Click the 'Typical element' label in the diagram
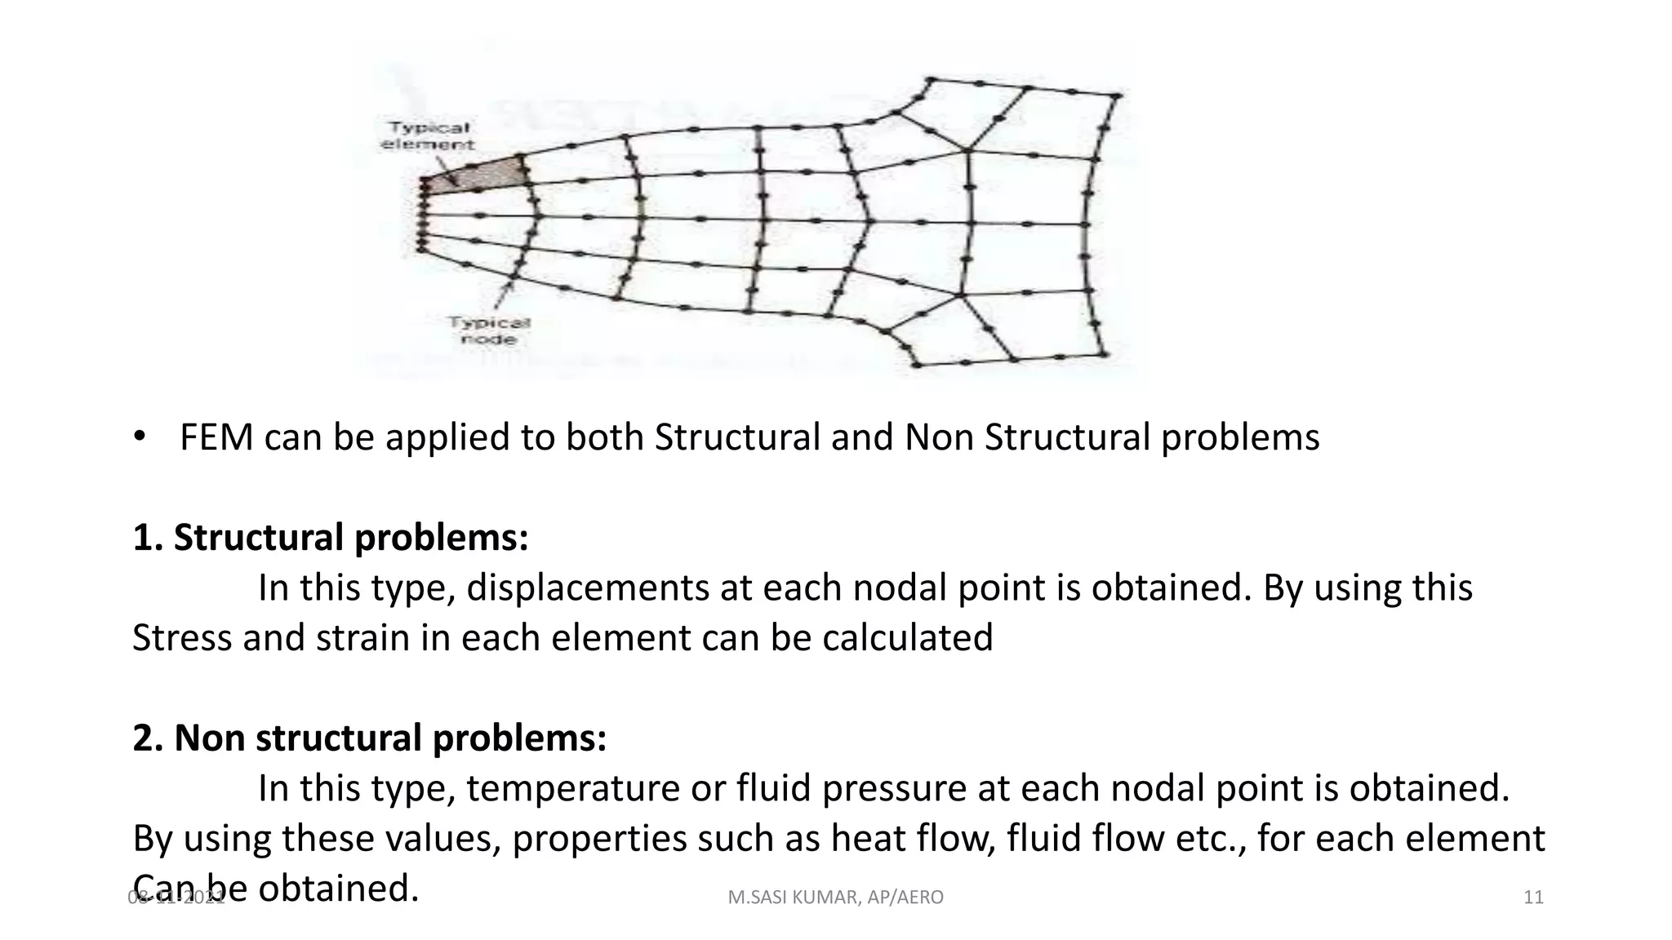tap(427, 135)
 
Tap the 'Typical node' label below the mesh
tap(489, 330)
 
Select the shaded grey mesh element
tap(482, 176)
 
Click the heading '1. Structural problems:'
tap(331, 538)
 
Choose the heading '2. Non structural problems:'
tap(370, 738)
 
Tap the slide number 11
tap(1533, 898)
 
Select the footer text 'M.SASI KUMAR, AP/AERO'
tap(835, 898)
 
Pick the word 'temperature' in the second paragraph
tap(571, 788)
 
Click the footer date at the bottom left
tap(176, 898)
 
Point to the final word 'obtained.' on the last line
tap(338, 889)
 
